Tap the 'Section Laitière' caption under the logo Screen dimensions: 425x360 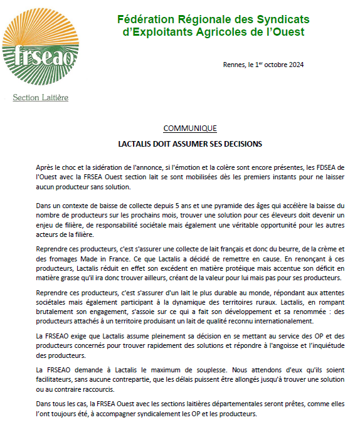pyautogui.click(x=41, y=98)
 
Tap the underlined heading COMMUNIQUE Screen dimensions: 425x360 pyautogui.click(x=190, y=129)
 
